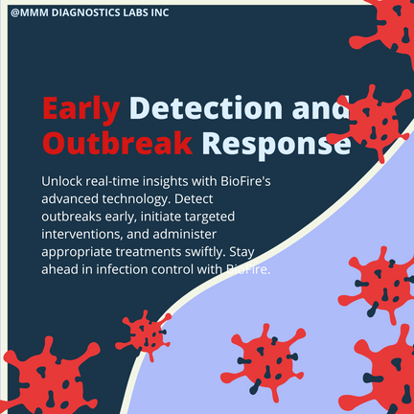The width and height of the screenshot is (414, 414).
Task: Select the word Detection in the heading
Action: coord(206,107)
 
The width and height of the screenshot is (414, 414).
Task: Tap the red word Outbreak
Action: coord(118,143)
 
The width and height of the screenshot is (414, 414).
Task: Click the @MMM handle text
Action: coord(30,12)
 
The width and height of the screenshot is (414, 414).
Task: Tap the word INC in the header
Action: coord(160,12)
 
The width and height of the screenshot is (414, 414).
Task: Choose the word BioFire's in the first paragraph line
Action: coord(245,181)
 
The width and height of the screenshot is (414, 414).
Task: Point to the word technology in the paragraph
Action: coord(136,199)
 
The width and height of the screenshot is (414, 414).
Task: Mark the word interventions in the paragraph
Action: coord(82,234)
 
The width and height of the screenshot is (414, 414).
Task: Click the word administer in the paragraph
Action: coord(185,234)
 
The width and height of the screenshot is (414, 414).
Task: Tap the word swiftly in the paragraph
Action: coord(205,252)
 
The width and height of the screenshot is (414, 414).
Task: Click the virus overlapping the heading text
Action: coord(372,124)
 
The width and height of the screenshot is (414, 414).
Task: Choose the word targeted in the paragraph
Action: coord(211,218)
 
